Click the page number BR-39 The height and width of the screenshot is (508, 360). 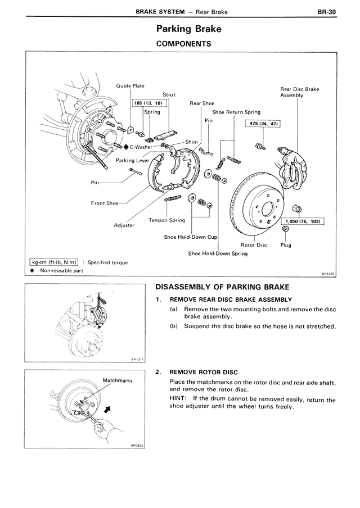[x=326, y=10]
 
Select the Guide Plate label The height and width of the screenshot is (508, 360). [x=130, y=86]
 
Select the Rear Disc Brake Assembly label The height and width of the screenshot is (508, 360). [x=299, y=92]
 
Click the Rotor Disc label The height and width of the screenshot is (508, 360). [x=254, y=245]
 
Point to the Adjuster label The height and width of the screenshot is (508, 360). [x=124, y=225]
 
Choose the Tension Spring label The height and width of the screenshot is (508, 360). [x=166, y=220]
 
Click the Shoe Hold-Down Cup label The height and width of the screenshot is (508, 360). [x=190, y=237]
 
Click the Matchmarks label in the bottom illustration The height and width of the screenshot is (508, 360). [x=117, y=380]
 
